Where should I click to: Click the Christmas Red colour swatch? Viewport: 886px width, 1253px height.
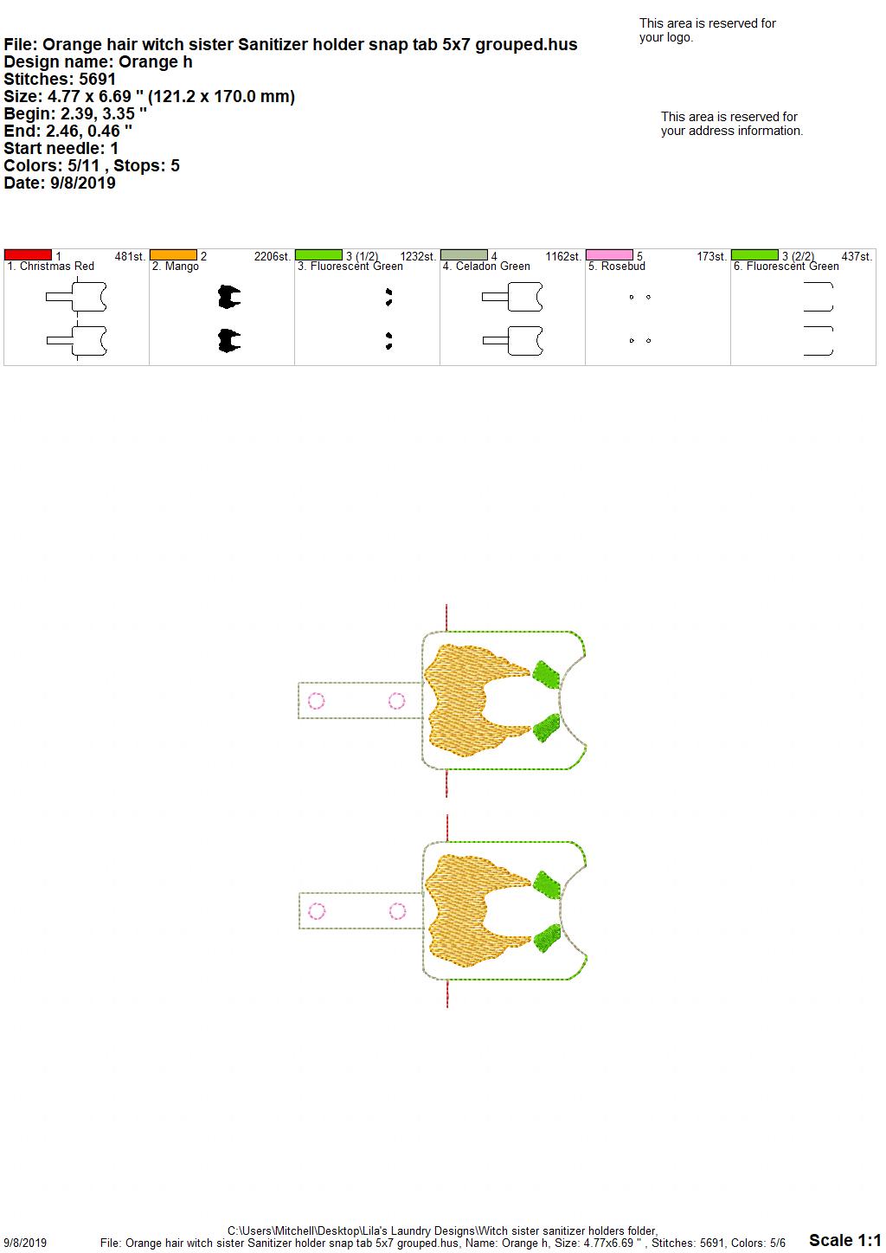(x=28, y=255)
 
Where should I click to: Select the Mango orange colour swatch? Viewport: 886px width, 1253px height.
(x=173, y=255)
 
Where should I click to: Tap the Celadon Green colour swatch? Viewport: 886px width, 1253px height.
(x=465, y=255)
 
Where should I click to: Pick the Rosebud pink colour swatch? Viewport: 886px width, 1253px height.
(x=610, y=255)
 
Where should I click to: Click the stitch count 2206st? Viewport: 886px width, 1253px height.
(x=272, y=256)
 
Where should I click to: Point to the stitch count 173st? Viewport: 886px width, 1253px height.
(x=711, y=256)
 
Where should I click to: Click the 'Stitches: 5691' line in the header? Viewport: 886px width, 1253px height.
(x=60, y=79)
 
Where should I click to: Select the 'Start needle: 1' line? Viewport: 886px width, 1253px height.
(x=61, y=148)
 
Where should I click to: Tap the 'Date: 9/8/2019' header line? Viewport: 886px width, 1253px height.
(x=60, y=183)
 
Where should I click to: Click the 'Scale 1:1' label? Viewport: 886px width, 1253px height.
(x=845, y=1240)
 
